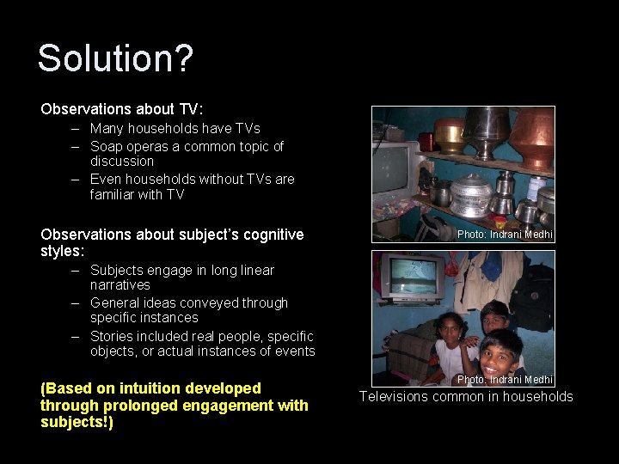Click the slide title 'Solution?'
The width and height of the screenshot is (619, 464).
[115, 59]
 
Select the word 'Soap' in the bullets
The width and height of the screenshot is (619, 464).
[107, 146]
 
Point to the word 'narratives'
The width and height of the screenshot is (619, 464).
[120, 284]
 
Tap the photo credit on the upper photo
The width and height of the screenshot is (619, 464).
[505, 235]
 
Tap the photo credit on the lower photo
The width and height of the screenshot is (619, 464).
[505, 380]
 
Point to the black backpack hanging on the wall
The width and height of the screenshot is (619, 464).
[532, 296]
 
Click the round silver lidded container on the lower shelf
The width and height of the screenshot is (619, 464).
[470, 196]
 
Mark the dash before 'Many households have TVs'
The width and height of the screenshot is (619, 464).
[76, 129]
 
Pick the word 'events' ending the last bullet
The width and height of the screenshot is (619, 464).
[295, 351]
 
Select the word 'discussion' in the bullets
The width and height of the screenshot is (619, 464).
[122, 162]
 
